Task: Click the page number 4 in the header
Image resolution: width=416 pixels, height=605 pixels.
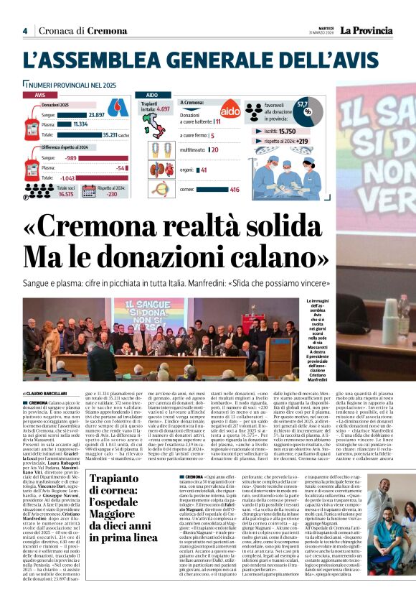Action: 24,31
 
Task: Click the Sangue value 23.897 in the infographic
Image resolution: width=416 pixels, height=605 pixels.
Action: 96,114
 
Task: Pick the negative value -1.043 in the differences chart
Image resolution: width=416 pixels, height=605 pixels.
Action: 69,177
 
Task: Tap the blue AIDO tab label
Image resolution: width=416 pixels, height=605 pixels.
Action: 152,94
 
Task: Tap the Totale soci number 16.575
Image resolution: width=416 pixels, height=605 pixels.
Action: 66,193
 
